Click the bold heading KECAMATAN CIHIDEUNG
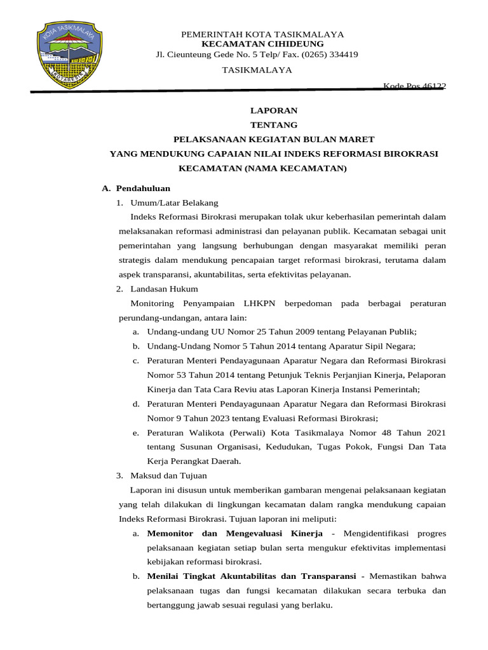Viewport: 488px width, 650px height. tap(262, 44)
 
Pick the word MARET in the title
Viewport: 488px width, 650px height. tap(359, 140)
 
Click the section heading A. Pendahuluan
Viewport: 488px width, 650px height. tap(136, 189)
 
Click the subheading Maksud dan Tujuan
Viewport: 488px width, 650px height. tap(168, 475)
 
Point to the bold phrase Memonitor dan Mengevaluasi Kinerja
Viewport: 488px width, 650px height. tap(234, 533)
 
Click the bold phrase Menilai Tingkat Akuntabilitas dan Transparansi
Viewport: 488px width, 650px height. tap(251, 576)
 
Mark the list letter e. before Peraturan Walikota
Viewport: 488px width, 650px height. tap(136, 432)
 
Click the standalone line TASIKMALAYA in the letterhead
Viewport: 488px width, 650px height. tap(257, 70)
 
